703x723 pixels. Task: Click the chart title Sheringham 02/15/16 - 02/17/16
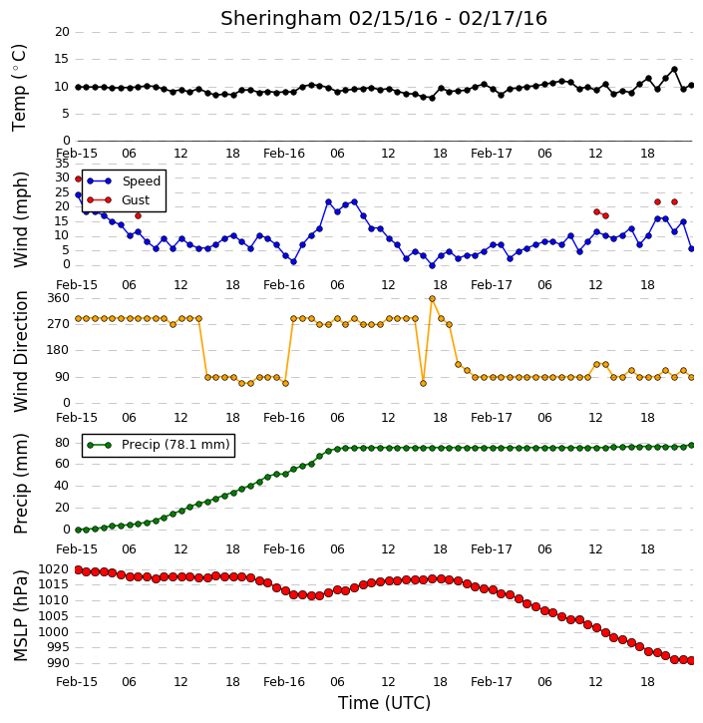click(384, 18)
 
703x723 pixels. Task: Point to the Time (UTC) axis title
click(384, 703)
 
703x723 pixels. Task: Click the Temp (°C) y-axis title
click(19, 88)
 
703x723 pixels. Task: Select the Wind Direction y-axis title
click(21, 351)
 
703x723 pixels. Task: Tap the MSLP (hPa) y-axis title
click(21, 615)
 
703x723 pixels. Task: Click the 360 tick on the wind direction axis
click(58, 298)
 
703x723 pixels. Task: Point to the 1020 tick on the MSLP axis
click(53, 569)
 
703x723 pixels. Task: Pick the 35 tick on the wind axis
click(62, 164)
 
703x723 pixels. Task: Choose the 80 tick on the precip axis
click(62, 443)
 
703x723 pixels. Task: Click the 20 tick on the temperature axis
click(62, 32)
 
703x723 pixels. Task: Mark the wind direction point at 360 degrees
click(432, 299)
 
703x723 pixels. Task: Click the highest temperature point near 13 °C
click(674, 70)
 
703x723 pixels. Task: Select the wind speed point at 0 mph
click(432, 265)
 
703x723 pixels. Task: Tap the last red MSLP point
click(691, 661)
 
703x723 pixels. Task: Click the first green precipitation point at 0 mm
click(78, 531)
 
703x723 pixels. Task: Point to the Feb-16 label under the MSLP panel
click(284, 682)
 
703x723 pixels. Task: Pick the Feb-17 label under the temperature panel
click(492, 154)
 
